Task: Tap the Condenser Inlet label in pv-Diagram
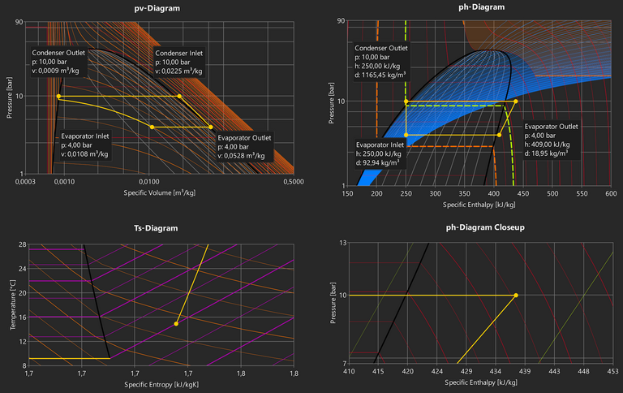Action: [x=179, y=54]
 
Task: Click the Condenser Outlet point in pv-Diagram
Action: [x=58, y=96]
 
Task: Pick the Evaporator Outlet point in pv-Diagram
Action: [x=211, y=127]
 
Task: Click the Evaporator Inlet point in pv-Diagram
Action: [x=152, y=127]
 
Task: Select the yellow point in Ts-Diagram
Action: [x=176, y=324]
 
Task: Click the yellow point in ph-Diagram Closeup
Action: [x=516, y=296]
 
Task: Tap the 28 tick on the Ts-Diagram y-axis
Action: [x=21, y=244]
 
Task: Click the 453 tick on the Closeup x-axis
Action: [x=611, y=372]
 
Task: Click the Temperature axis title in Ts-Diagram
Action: [x=13, y=304]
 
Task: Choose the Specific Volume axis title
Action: [x=159, y=192]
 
